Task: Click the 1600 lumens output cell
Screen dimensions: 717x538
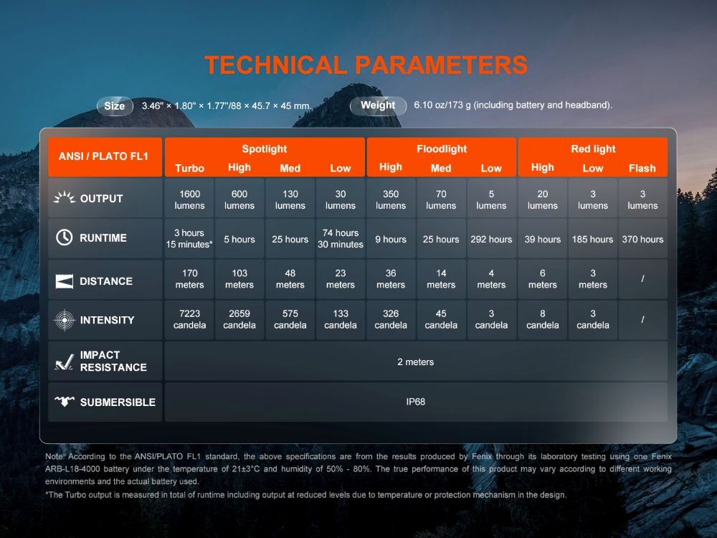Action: tap(189, 199)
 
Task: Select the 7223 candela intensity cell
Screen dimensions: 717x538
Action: tap(189, 319)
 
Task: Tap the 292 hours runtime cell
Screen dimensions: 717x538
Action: tap(491, 240)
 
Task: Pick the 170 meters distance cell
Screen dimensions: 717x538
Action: tap(189, 279)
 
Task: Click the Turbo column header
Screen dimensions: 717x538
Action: tap(190, 168)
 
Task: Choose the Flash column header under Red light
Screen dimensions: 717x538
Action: tap(642, 168)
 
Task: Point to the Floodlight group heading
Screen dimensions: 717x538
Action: tap(441, 148)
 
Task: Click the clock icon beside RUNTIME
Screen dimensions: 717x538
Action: tap(64, 237)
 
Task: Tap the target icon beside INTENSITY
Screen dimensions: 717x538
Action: tap(65, 320)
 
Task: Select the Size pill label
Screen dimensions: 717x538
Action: tap(115, 106)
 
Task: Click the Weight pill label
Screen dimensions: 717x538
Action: tap(378, 105)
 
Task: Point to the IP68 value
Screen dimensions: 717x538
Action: tap(416, 402)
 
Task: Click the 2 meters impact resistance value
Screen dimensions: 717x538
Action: tap(416, 362)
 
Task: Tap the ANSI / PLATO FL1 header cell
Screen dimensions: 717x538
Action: tap(105, 157)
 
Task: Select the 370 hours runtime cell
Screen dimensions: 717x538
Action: tap(642, 240)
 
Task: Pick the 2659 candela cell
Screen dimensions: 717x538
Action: tap(239, 319)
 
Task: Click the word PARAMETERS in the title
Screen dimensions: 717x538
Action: tap(442, 65)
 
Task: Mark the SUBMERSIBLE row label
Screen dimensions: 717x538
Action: tap(118, 402)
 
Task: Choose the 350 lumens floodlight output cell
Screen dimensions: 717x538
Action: tap(391, 199)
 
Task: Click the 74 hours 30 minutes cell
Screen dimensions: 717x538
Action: tap(340, 239)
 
